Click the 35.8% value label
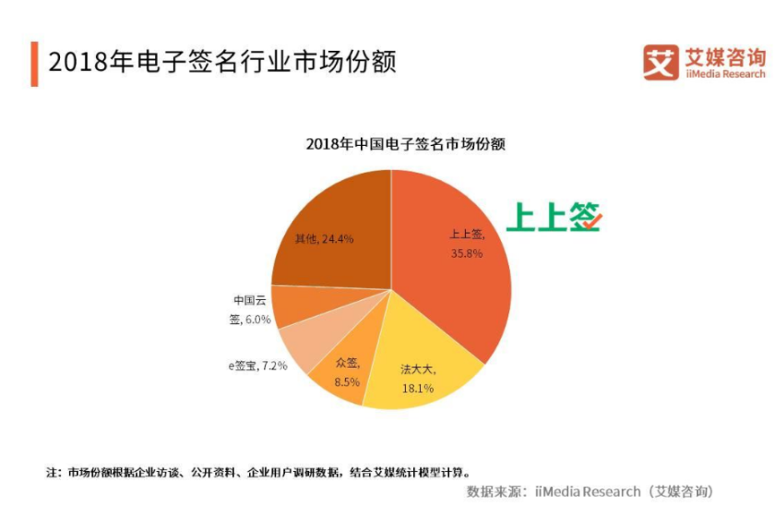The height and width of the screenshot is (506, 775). tap(467, 253)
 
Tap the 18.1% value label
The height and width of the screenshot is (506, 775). tap(418, 389)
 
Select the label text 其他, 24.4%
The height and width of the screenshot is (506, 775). tap(324, 239)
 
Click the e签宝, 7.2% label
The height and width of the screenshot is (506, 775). tap(257, 366)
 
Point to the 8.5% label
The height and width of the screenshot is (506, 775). tap(347, 382)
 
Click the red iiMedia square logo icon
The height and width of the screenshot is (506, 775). tap(661, 62)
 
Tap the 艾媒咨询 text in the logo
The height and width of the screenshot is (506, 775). tap(724, 56)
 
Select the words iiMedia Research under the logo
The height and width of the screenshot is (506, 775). tap(724, 73)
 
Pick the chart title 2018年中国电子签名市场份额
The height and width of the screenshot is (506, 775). tap(405, 143)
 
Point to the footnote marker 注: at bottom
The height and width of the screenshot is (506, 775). tap(53, 471)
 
